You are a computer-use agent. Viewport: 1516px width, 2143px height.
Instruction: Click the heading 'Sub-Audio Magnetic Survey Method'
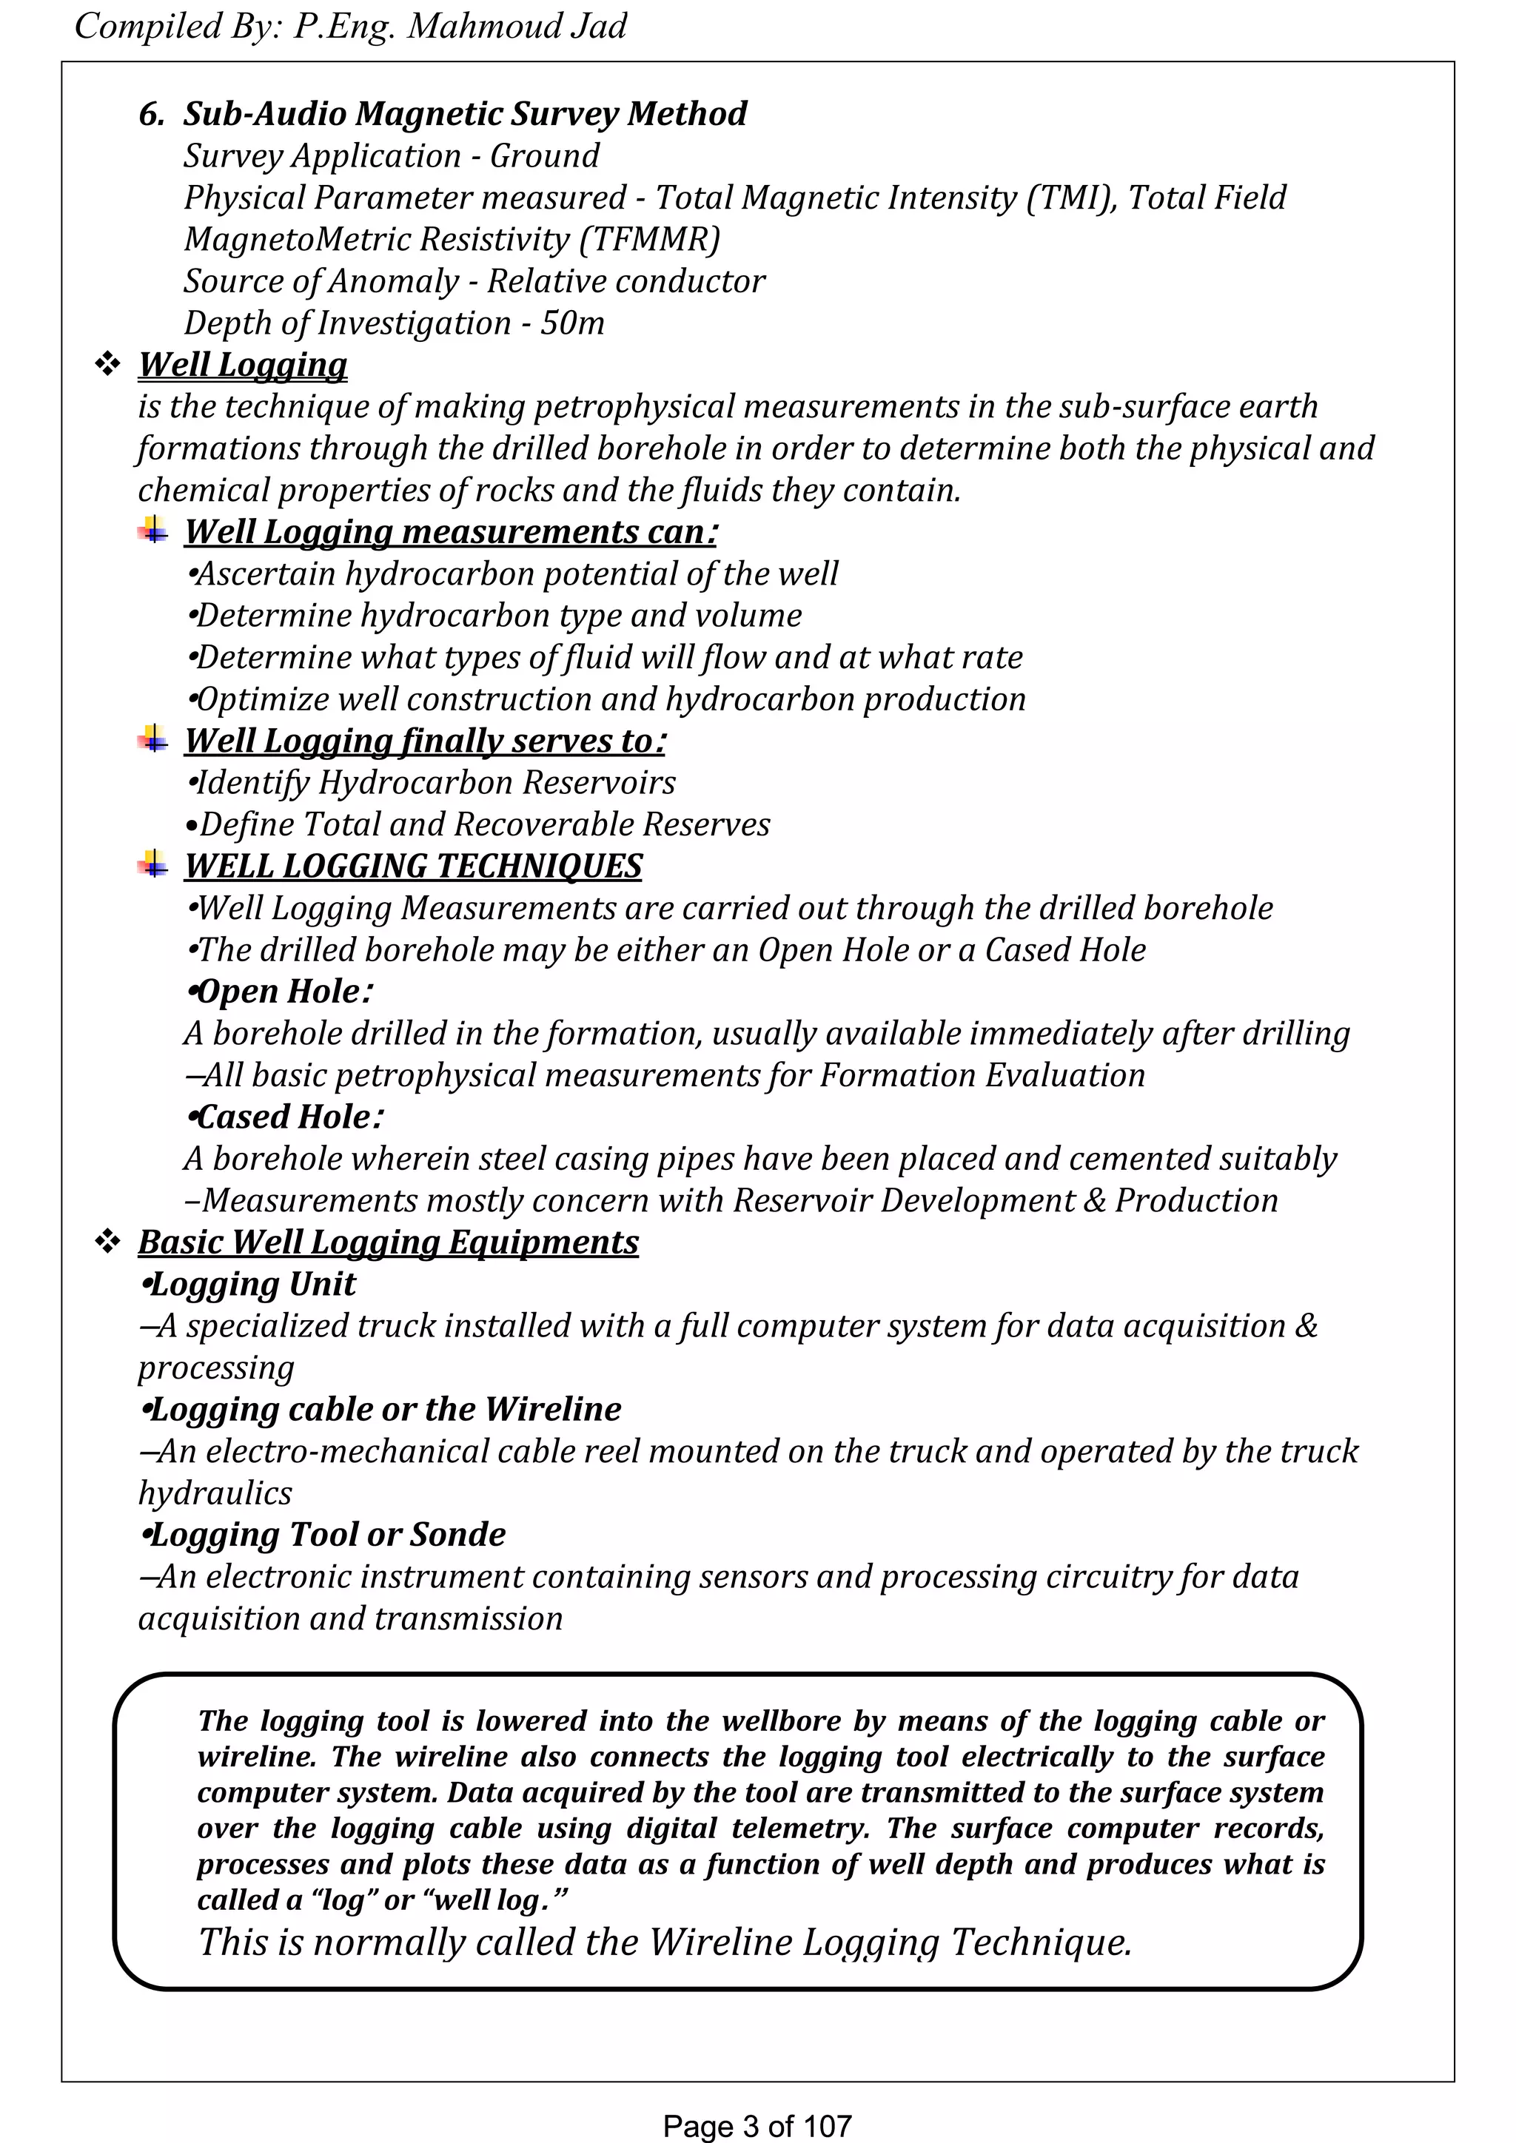(464, 114)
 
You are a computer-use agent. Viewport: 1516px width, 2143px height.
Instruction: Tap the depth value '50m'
(572, 323)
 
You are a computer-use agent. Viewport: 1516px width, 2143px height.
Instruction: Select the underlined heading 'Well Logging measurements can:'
(451, 532)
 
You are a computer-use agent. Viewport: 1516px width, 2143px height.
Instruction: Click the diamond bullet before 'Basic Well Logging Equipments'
(108, 1242)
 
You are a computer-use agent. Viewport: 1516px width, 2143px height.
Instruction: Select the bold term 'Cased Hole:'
(286, 1117)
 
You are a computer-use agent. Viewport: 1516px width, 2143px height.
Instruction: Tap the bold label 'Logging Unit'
(248, 1285)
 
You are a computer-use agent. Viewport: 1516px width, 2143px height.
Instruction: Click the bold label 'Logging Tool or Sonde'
(323, 1535)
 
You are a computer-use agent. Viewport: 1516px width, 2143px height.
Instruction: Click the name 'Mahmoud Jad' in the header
(516, 26)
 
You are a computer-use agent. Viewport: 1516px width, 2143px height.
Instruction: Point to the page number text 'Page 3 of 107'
(757, 2125)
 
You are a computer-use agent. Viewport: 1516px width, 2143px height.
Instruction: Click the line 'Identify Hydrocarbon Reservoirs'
(432, 783)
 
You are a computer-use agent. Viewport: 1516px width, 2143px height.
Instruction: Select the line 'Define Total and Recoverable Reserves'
(479, 825)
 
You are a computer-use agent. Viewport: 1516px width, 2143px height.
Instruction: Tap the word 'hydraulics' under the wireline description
(215, 1493)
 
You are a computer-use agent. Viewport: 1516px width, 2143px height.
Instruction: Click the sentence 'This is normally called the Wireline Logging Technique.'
(665, 1942)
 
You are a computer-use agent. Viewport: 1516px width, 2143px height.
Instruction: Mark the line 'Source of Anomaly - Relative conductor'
(474, 281)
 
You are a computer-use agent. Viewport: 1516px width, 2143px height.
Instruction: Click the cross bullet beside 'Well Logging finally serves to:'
(153, 739)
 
